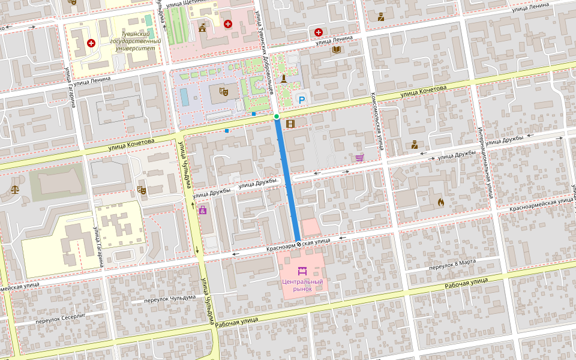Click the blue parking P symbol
click(302, 101)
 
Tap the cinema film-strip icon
click(291, 124)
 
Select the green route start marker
click(276, 116)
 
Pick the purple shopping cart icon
click(359, 158)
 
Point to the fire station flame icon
click(441, 202)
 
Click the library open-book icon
click(336, 50)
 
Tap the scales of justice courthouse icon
click(14, 189)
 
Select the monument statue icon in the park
click(283, 77)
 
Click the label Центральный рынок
click(302, 285)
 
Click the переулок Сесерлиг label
click(61, 317)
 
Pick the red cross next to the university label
click(91, 43)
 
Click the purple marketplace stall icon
click(302, 272)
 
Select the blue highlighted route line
click(288, 180)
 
